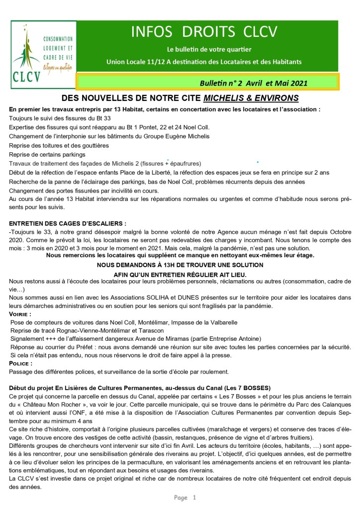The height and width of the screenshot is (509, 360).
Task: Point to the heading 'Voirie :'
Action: (20, 314)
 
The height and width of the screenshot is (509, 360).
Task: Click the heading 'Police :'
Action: (21, 364)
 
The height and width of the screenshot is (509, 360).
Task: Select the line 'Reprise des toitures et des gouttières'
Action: (59, 145)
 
